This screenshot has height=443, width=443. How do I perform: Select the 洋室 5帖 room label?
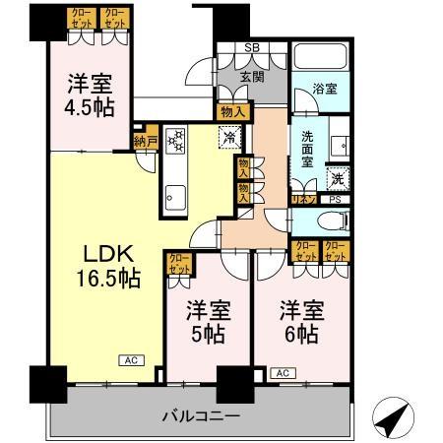pyautogui.click(x=207, y=321)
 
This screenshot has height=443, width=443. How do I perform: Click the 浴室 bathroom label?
pyautogui.click(x=325, y=89)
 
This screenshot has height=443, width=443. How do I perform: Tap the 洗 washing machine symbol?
pyautogui.click(x=338, y=178)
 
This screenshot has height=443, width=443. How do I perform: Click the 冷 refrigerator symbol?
pyautogui.click(x=227, y=139)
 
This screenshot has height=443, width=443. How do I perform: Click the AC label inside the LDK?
pyautogui.click(x=129, y=360)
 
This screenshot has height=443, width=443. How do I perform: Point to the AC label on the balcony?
pyautogui.click(x=283, y=373)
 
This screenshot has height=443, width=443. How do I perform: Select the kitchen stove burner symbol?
pyautogui.click(x=177, y=142)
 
